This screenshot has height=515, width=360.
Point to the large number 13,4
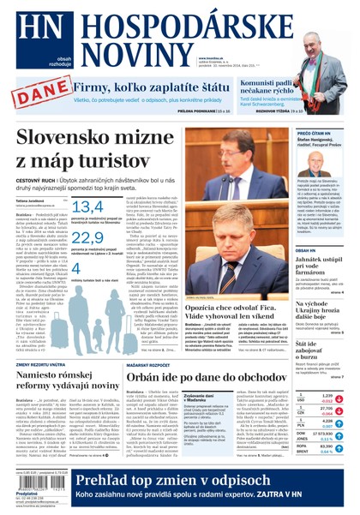click(88, 207)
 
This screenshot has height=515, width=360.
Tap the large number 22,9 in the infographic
click(88, 242)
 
